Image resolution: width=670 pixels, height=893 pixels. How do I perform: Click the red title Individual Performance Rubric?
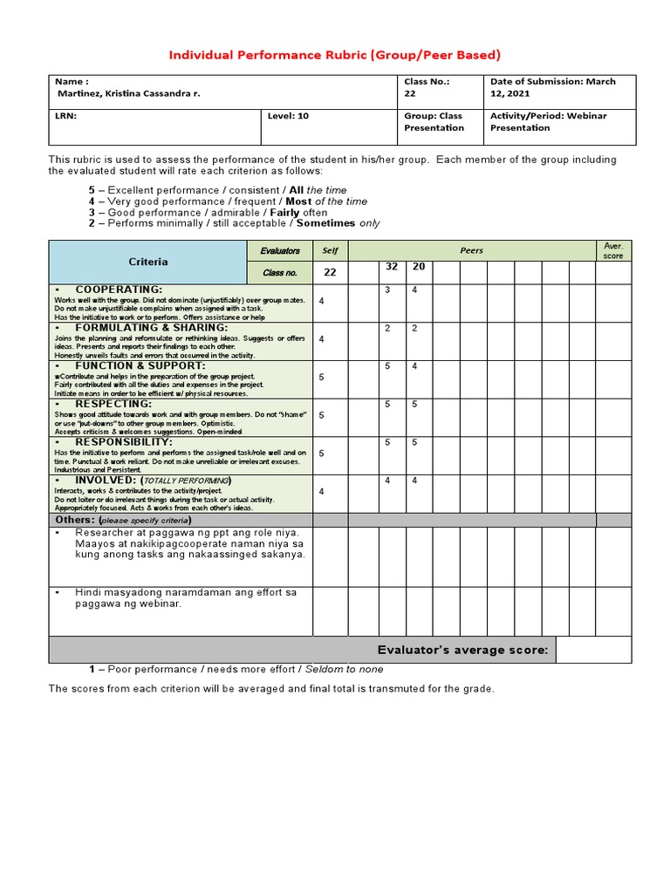pos(334,55)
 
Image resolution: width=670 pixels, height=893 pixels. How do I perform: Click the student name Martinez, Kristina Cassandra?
pos(127,93)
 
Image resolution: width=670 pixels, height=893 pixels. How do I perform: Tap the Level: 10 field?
pos(289,115)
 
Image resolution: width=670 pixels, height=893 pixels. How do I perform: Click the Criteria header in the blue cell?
pos(148,261)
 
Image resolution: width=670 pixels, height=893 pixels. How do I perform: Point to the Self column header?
pos(330,250)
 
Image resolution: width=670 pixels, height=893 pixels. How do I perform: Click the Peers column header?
pos(471,250)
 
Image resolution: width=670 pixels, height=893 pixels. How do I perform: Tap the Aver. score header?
pos(613,250)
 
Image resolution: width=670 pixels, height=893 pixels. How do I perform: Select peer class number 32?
pos(392,267)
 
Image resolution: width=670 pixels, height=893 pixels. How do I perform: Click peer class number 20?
pos(419,267)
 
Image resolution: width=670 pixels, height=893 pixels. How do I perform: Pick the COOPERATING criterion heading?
pos(119,289)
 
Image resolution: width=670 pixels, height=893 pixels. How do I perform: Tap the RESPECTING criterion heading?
pos(113,404)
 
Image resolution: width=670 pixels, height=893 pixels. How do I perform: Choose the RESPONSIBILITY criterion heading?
pos(123,442)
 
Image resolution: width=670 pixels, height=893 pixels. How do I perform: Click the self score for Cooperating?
pos(322,301)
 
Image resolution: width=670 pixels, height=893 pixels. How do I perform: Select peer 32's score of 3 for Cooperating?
pos(387,290)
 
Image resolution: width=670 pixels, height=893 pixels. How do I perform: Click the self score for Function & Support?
pos(322,378)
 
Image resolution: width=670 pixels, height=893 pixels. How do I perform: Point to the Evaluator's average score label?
pos(461,650)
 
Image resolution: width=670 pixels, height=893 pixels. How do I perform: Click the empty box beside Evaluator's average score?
pos(593,650)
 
